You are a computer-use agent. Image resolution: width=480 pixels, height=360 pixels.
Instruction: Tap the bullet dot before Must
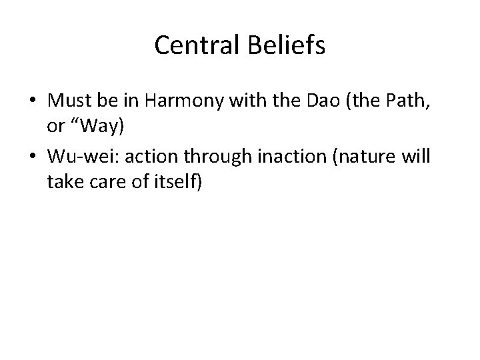[31, 101]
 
